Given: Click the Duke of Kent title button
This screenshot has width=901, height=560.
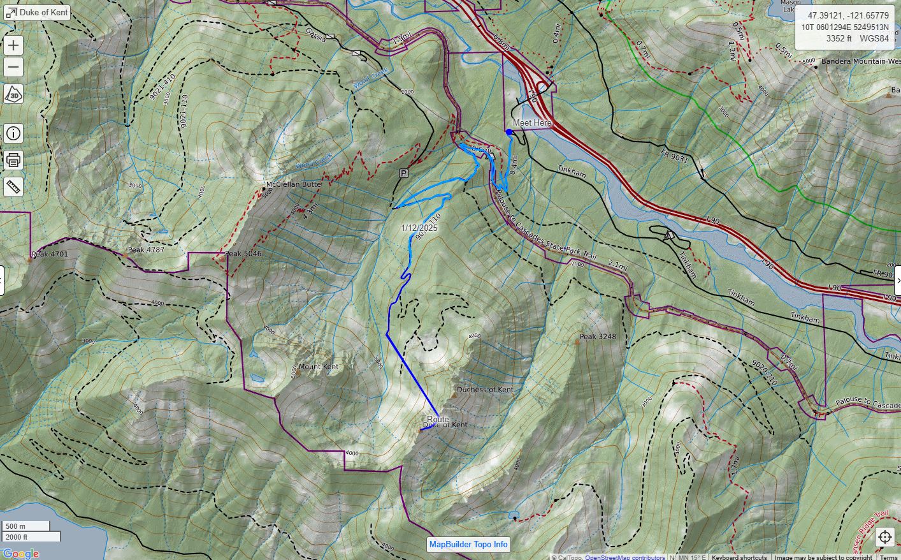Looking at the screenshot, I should click(38, 12).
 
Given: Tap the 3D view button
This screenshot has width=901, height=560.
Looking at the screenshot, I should click(13, 94).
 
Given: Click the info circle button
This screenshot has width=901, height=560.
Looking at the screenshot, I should click(13, 133).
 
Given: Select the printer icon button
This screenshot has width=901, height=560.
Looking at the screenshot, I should click(13, 160).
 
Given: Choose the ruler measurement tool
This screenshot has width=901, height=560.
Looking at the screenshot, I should click(13, 187).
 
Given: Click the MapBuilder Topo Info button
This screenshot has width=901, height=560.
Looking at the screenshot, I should click(468, 544).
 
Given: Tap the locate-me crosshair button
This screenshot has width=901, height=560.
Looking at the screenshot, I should click(885, 537).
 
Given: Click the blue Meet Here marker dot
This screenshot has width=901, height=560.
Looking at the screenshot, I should click(508, 132).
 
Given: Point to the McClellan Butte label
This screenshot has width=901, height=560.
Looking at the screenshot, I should click(294, 184).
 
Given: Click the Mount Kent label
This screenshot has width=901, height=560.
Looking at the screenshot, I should click(319, 367).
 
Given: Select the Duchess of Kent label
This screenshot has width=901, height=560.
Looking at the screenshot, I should click(485, 389).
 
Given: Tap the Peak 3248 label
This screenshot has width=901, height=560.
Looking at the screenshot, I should click(598, 336).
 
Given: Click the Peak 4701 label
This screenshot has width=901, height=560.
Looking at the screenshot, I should click(51, 254).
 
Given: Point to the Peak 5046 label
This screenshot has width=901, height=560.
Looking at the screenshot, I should click(243, 254).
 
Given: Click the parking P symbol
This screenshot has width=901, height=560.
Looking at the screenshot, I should click(403, 173).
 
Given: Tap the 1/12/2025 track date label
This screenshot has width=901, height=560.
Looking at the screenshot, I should click(419, 228).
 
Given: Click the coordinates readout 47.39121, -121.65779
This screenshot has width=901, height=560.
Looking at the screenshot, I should click(848, 15).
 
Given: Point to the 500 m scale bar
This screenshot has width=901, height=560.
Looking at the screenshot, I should click(25, 526).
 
